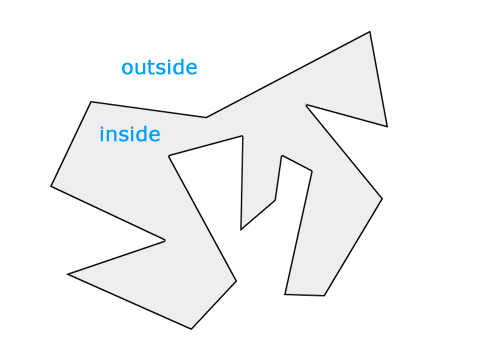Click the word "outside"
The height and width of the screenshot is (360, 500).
tap(159, 68)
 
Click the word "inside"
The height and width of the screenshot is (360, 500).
tap(130, 134)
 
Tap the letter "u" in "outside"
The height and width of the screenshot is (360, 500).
tap(141, 68)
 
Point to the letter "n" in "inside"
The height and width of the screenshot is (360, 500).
tap(112, 135)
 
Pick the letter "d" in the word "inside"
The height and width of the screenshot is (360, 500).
tap(139, 134)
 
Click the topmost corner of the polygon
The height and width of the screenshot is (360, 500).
tap(370, 32)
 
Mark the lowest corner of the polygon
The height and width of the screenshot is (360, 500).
tap(191, 329)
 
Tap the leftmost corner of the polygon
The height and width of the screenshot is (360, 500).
tap(51, 185)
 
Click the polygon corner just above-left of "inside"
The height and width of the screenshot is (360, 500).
tap(91, 101)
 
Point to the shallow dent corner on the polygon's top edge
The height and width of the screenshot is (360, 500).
tap(206, 118)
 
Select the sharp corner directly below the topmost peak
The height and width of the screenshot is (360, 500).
tap(387, 127)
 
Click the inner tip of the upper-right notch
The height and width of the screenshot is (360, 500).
tap(306, 104)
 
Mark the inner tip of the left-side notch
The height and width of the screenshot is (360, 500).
tap(165, 240)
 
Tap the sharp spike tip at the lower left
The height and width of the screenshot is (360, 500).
tap(68, 274)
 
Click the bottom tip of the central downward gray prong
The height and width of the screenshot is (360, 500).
tap(241, 230)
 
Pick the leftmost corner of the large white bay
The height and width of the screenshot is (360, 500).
tap(169, 156)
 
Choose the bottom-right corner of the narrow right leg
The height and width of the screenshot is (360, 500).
tap(325, 296)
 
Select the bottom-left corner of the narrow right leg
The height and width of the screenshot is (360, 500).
tap(285, 294)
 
